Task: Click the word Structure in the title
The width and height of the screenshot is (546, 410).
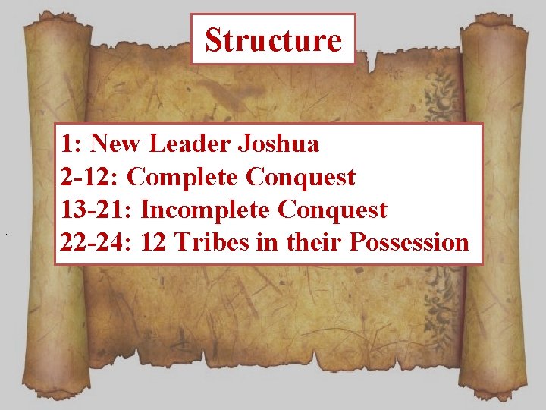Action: click(x=273, y=39)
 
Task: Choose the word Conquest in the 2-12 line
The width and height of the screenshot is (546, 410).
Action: click(x=300, y=177)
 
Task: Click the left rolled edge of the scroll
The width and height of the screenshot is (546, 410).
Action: click(x=42, y=213)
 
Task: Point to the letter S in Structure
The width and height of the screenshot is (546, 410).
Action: click(x=214, y=39)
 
